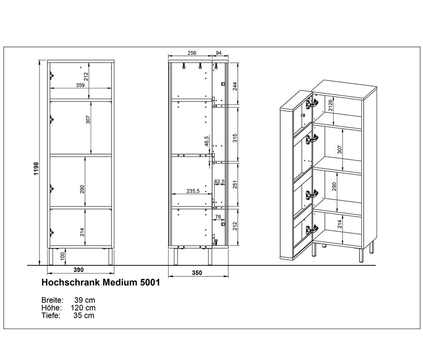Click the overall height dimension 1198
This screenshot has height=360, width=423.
36,169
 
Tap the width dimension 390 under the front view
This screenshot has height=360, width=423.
78,270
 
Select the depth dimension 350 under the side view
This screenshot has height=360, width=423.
197,273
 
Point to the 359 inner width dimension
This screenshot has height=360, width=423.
80,85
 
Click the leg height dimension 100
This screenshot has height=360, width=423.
63,256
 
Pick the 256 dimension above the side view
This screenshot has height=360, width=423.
192,53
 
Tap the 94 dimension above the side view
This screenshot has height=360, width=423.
219,53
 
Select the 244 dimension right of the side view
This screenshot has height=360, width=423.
235,86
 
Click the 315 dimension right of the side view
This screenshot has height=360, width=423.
235,138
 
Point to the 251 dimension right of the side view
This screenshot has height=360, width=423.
235,185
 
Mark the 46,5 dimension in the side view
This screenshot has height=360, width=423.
206,141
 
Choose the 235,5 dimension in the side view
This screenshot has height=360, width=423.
193,191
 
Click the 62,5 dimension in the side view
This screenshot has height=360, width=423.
219,182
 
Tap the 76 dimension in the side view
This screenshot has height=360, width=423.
218,217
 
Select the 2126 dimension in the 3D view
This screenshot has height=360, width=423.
331,106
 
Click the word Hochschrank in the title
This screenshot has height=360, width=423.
71,282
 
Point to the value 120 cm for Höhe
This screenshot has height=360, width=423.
83,308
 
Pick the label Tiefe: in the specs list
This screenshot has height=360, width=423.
51,315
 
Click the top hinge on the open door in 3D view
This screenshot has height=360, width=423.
312,103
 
